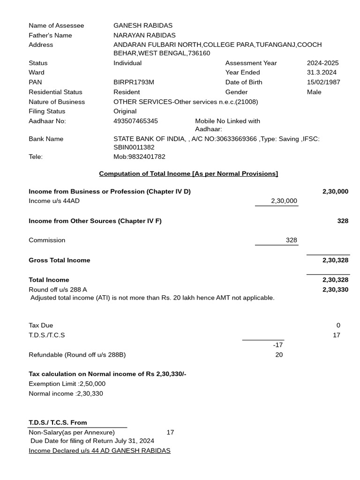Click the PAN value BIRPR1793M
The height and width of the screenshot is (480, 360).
(134, 82)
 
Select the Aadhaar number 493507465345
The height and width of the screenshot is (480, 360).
(135, 121)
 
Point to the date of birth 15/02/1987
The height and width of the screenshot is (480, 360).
(323, 82)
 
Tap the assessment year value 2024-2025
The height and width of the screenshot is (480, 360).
(322, 63)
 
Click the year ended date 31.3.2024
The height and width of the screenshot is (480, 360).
(322, 72)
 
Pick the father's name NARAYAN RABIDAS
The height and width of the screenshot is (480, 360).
(144, 35)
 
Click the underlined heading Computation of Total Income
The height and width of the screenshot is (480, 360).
(188, 173)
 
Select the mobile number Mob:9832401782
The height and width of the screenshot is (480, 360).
(139, 157)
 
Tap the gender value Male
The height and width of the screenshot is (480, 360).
(314, 92)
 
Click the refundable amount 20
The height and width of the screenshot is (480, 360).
(279, 354)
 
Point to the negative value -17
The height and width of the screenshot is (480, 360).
(278, 345)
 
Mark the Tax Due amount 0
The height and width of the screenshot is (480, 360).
(338, 325)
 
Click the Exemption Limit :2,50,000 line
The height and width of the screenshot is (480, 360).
(67, 383)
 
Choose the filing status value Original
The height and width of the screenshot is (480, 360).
(125, 111)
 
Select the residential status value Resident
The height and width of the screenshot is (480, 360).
(127, 92)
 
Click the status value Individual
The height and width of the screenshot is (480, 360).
(127, 63)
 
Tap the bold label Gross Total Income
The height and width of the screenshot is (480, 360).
(60, 260)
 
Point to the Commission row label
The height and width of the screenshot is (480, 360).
(47, 240)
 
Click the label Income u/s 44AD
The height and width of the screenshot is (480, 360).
(54, 201)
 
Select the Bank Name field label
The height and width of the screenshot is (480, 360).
(46, 139)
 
